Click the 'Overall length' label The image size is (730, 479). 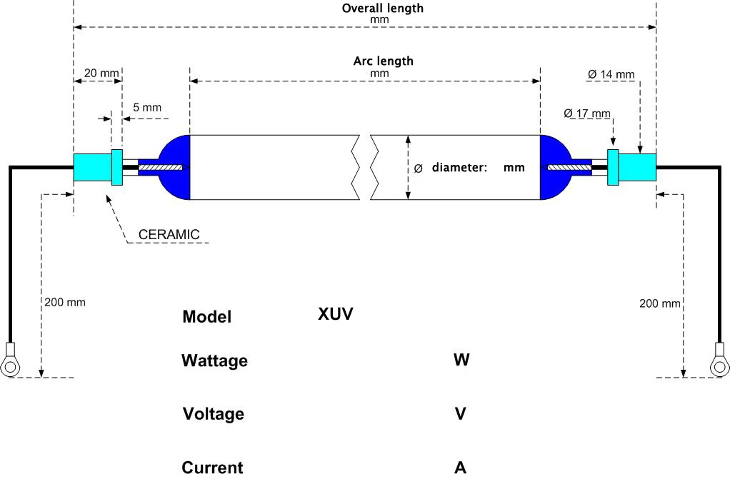(x=382, y=9)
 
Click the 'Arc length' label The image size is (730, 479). (x=383, y=61)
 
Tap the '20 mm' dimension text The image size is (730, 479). (x=101, y=73)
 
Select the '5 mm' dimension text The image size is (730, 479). (x=147, y=108)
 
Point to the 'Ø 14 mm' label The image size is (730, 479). (x=611, y=74)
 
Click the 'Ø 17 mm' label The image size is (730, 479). (x=586, y=113)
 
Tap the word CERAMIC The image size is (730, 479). (x=169, y=234)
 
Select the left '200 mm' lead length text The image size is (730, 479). (x=64, y=302)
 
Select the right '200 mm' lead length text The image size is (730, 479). (x=659, y=303)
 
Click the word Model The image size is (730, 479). (x=206, y=317)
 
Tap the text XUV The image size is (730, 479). (x=336, y=313)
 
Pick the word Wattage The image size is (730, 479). (x=214, y=360)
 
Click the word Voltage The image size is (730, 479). (x=213, y=414)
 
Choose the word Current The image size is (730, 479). (x=212, y=468)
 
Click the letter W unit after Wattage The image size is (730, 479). (x=461, y=360)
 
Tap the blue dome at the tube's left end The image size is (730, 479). (x=176, y=168)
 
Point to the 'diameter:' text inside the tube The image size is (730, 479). (x=459, y=168)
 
